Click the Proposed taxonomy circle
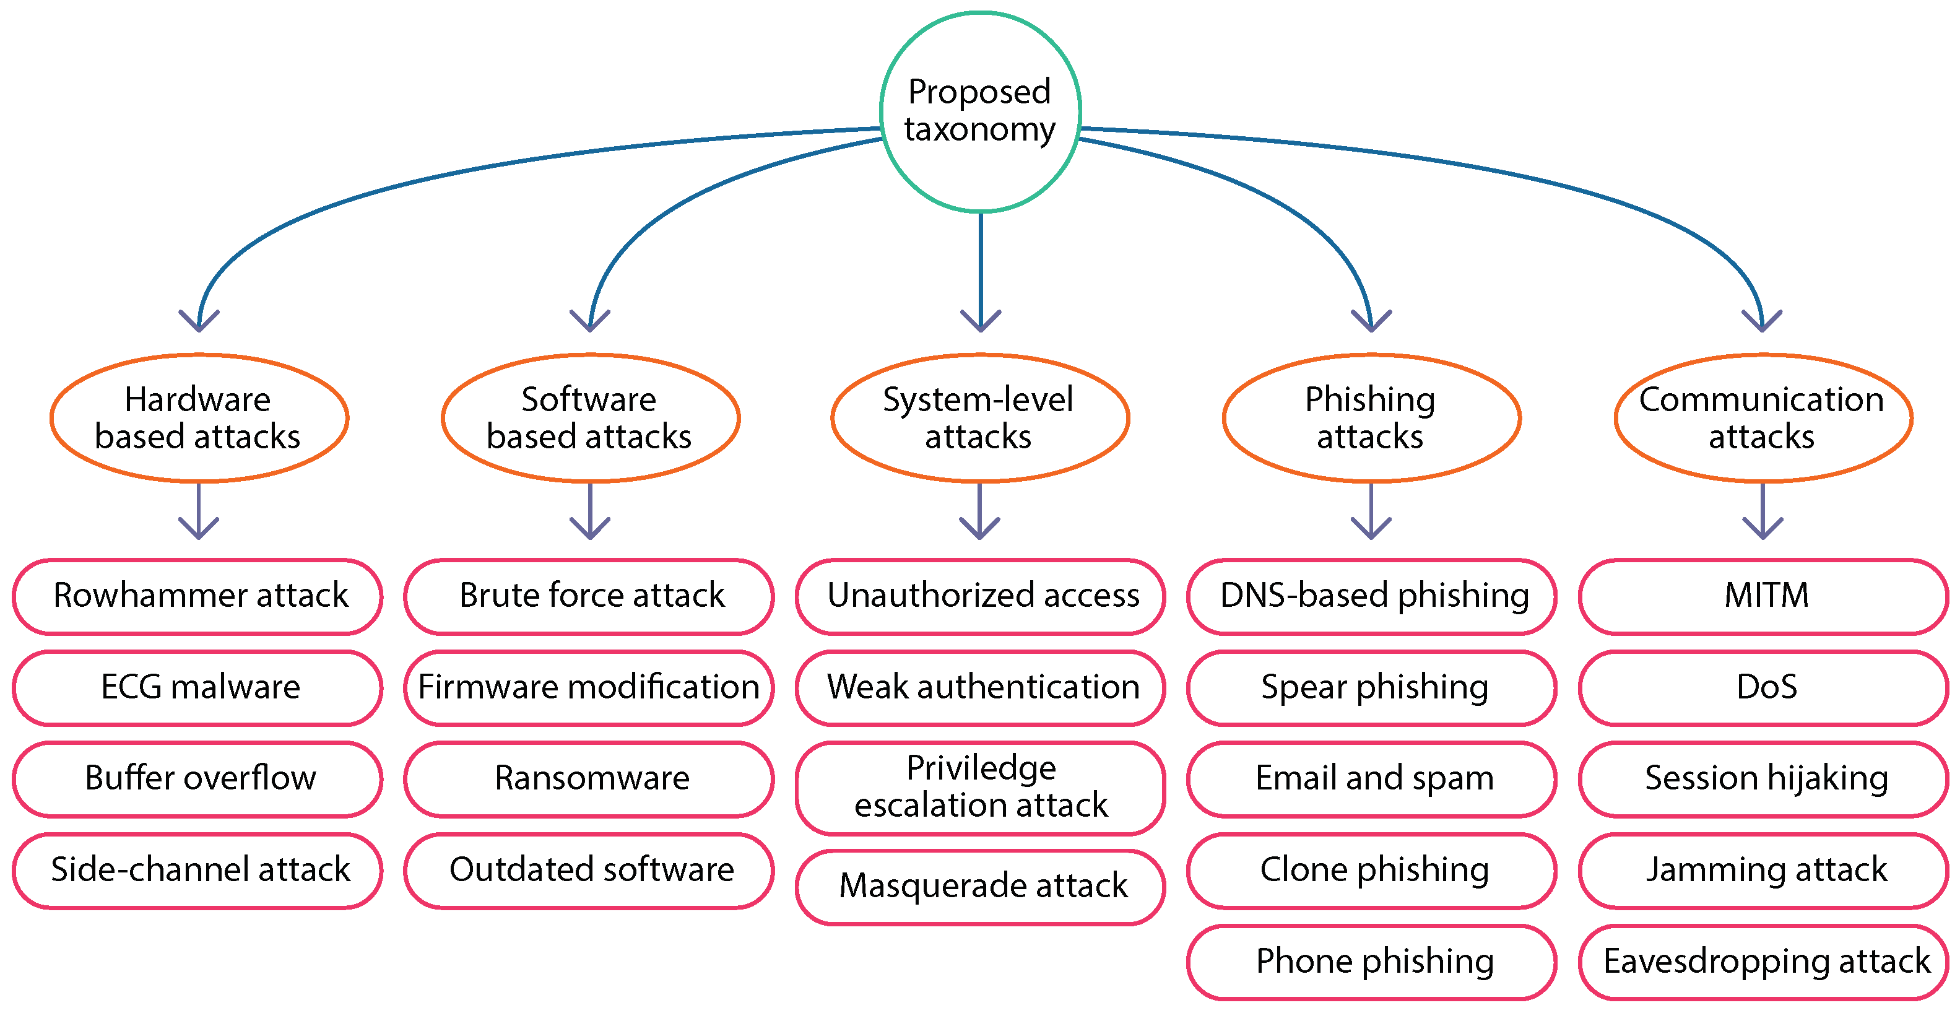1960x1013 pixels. tap(980, 111)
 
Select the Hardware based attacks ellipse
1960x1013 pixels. tap(199, 418)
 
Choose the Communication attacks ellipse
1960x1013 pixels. tap(1762, 418)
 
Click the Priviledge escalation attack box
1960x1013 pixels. tap(980, 787)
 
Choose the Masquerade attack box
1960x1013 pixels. tap(980, 887)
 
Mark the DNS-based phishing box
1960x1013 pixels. tap(1372, 596)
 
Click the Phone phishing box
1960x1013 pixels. tap(1372, 961)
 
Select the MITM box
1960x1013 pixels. tap(1764, 596)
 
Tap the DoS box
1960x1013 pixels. tap(1764, 687)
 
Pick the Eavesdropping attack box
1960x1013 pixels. tap(1764, 961)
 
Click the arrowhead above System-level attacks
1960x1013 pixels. tap(980, 322)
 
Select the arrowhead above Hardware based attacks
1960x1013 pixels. tap(199, 322)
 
